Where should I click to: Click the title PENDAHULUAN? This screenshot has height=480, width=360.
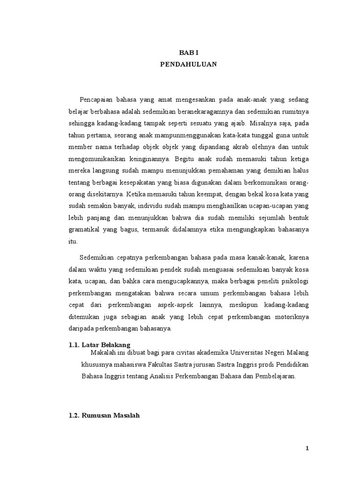pos(188,65)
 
